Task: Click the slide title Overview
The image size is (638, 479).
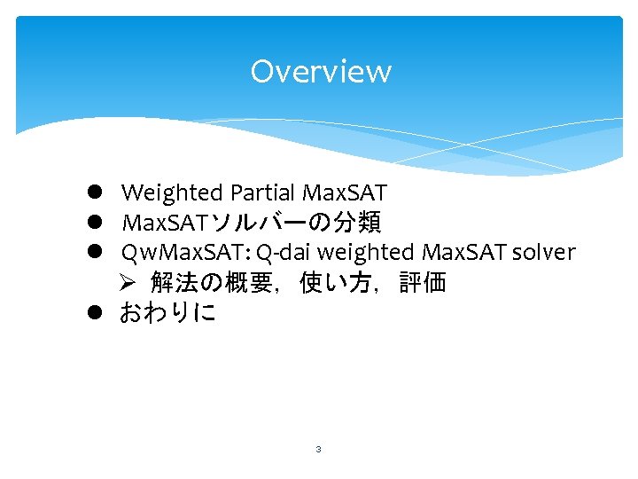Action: pyautogui.click(x=320, y=71)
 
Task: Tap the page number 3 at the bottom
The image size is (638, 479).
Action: pyautogui.click(x=318, y=450)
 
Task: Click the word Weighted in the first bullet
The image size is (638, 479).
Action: pyautogui.click(x=172, y=192)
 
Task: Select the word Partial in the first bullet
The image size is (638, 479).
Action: pyautogui.click(x=263, y=192)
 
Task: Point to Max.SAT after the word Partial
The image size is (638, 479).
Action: pyautogui.click(x=345, y=192)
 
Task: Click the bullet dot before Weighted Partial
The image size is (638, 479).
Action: pyautogui.click(x=93, y=192)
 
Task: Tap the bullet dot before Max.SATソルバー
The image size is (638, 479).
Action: pyautogui.click(x=93, y=223)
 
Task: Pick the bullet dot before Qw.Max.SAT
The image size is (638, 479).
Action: pyautogui.click(x=93, y=253)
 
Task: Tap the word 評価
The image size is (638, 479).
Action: pyautogui.click(x=422, y=283)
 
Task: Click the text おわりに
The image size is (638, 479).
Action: pyautogui.click(x=167, y=313)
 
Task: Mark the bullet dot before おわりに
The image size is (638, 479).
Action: pyautogui.click(x=93, y=313)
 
